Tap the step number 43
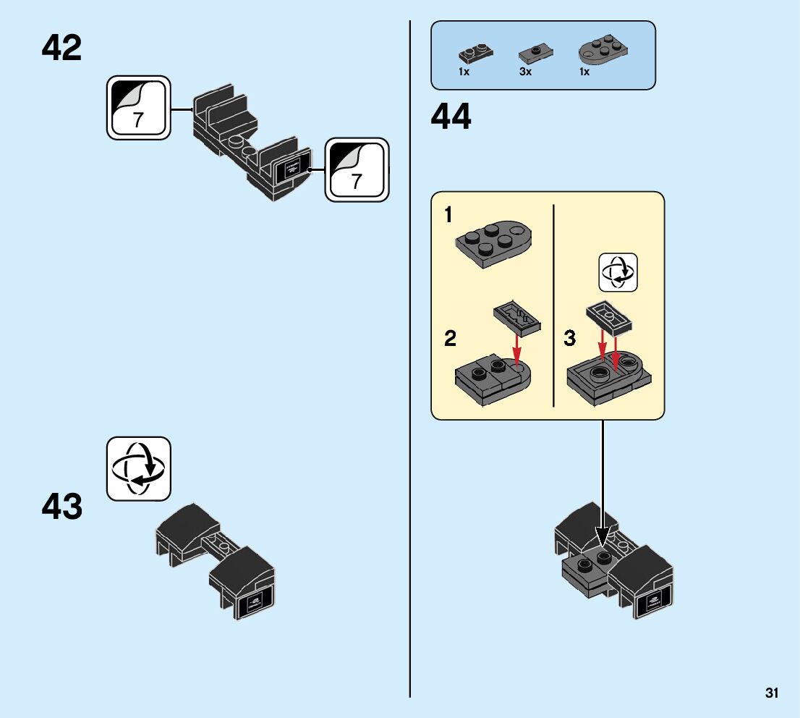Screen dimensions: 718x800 (x=61, y=507)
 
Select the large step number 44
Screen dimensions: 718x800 (x=451, y=117)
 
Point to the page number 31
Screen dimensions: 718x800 (x=772, y=693)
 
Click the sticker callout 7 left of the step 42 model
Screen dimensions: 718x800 (x=139, y=108)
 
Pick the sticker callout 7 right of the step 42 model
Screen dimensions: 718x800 (x=357, y=170)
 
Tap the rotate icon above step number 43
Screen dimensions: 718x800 (x=139, y=468)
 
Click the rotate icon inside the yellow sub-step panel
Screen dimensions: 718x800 (x=618, y=272)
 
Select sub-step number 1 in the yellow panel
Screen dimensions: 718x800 (x=448, y=215)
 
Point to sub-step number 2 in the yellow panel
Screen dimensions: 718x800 (x=450, y=338)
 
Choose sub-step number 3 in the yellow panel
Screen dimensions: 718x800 (x=570, y=338)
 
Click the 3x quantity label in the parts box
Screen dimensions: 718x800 (x=525, y=72)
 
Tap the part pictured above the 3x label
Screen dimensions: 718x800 (x=535, y=54)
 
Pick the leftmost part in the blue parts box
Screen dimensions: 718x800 (x=475, y=54)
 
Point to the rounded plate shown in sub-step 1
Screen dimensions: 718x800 (x=493, y=244)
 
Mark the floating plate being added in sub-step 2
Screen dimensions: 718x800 (x=516, y=318)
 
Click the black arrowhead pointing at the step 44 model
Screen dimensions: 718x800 (x=602, y=536)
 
